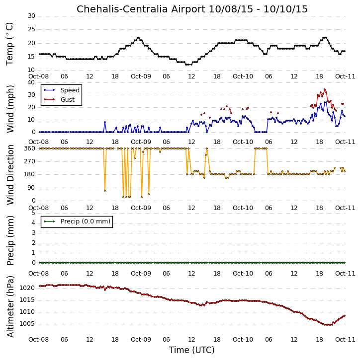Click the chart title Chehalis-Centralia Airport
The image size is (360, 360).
(x=141, y=9)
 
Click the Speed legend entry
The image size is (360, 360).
(x=62, y=90)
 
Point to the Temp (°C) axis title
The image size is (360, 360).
(x=9, y=44)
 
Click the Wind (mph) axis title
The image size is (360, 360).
(x=10, y=109)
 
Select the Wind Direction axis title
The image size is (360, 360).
(x=10, y=175)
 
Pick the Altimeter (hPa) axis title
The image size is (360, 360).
(x=10, y=306)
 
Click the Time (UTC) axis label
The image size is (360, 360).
(x=192, y=350)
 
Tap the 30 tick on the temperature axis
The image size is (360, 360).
(x=31, y=16)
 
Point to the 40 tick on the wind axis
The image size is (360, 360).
(x=31, y=82)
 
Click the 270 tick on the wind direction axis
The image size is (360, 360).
(x=30, y=161)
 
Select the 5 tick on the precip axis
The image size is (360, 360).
(x=33, y=213)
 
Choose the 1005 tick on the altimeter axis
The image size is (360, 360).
(x=27, y=324)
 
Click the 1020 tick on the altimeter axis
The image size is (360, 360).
(x=27, y=288)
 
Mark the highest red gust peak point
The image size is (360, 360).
(x=325, y=89)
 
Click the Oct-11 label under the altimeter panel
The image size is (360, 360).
(x=345, y=339)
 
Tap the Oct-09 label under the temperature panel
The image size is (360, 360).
(x=141, y=76)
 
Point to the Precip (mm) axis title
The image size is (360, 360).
(x=10, y=240)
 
